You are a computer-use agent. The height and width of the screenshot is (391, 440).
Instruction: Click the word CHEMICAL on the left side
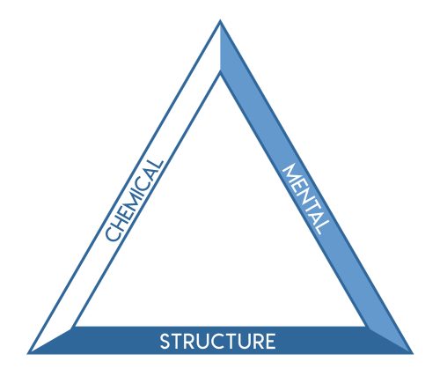pyautogui.click(x=134, y=201)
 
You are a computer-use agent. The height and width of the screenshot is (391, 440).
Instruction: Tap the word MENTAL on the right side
pyautogui.click(x=306, y=200)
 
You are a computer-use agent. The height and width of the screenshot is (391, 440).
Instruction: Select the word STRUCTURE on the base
pyautogui.click(x=217, y=341)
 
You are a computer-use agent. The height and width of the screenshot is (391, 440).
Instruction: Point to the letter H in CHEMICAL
pyautogui.click(x=120, y=220)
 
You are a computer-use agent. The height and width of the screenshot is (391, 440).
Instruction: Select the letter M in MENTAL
pyautogui.click(x=290, y=174)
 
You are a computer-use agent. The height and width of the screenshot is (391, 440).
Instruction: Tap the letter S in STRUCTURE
pyautogui.click(x=165, y=341)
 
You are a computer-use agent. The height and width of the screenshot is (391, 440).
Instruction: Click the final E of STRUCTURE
pyautogui.click(x=270, y=341)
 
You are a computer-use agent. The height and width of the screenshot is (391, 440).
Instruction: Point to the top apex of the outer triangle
pyautogui.click(x=220, y=20)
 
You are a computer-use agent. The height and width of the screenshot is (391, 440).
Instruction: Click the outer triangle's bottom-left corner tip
pyautogui.click(x=27, y=354)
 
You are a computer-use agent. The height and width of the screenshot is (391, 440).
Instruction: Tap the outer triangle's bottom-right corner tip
pyautogui.click(x=413, y=354)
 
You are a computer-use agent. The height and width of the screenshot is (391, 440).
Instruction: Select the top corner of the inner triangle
pyautogui.click(x=220, y=72)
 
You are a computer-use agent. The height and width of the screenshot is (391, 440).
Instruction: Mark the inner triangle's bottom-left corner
pyautogui.click(x=73, y=327)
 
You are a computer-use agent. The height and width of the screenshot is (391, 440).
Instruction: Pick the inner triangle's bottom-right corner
pyautogui.click(x=366, y=327)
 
